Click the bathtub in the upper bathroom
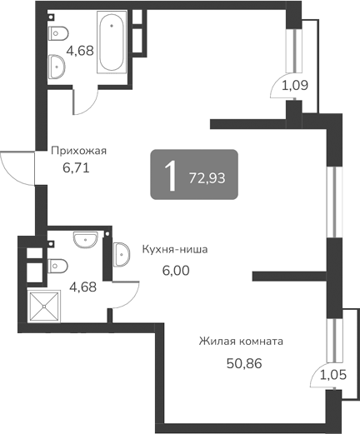(x=113, y=43)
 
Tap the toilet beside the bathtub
(x=57, y=34)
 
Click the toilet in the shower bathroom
(x=57, y=266)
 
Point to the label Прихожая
(x=78, y=151)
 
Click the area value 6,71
(x=75, y=167)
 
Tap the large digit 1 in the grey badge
(x=171, y=175)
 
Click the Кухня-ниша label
(x=174, y=249)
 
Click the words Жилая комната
(x=242, y=342)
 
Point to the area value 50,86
(x=242, y=363)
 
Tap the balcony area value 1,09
(x=293, y=85)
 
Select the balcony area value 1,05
(x=333, y=376)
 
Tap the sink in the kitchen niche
(x=120, y=253)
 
